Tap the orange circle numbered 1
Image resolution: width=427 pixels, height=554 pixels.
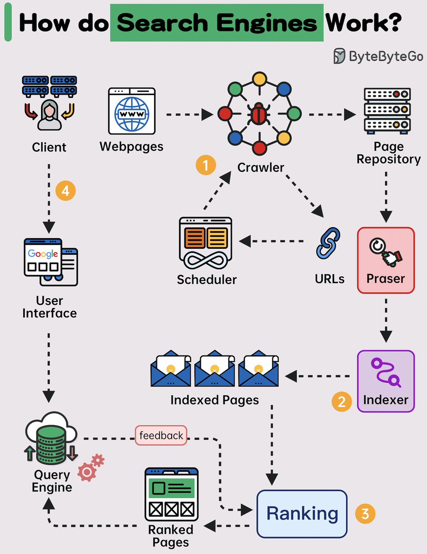[205, 165]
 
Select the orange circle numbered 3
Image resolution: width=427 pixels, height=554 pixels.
[365, 514]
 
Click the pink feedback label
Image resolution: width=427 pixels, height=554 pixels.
[161, 435]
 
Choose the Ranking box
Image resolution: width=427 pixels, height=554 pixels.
[302, 514]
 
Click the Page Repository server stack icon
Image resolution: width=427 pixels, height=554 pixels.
[387, 110]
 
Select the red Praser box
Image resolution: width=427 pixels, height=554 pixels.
[386, 260]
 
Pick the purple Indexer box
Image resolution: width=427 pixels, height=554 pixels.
[386, 381]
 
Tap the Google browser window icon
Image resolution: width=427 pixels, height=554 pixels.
[50, 261]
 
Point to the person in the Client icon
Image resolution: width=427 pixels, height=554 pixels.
[49, 115]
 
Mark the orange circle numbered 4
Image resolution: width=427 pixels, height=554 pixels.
[65, 191]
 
